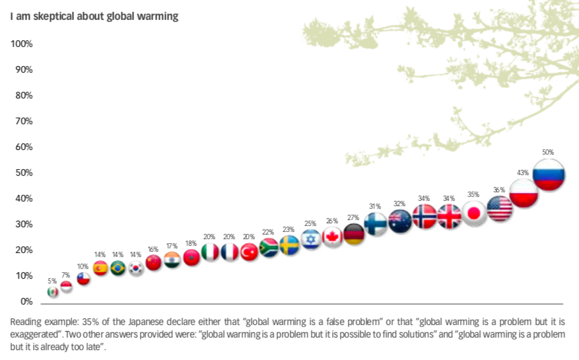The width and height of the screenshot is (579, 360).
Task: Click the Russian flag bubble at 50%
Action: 549,175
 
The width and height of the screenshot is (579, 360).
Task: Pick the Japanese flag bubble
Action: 473,213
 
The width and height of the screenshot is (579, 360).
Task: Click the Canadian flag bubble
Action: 332,237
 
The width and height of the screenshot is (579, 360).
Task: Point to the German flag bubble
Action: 354,234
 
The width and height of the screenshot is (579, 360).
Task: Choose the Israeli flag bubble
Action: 311,239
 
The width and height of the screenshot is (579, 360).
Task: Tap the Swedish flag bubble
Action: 289,246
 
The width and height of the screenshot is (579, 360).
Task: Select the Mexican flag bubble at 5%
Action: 53,291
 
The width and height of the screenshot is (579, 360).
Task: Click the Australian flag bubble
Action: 400,220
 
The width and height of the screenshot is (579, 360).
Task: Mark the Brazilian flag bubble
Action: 118,268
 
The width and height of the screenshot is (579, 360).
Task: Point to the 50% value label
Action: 548,152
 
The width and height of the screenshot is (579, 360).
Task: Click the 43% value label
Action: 523,172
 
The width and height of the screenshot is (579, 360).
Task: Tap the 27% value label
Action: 353,217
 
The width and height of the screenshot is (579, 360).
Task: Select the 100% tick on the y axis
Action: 22,44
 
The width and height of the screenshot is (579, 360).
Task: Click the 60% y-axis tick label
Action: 23,147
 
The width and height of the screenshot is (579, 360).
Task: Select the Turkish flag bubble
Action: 249,252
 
